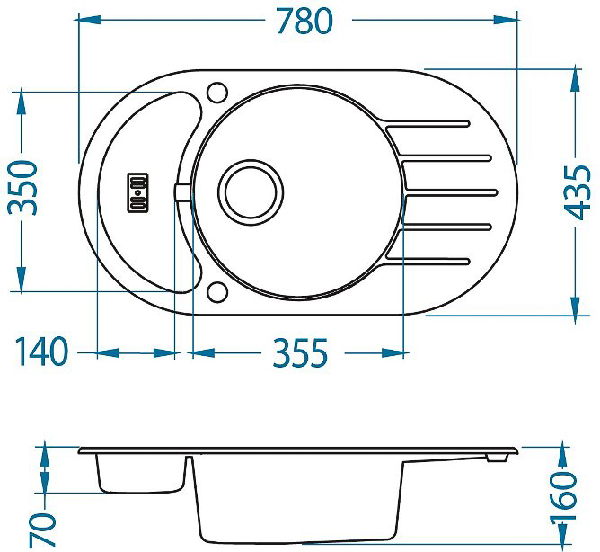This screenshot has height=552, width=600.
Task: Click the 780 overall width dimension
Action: pos(305,21)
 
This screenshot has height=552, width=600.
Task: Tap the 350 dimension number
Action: pos(23,188)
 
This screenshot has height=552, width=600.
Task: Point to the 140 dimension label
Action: pos(41,352)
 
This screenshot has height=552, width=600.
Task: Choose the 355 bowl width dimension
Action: pos(300,352)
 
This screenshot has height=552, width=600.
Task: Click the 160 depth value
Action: pos(563,495)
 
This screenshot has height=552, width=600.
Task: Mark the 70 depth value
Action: pos(42,530)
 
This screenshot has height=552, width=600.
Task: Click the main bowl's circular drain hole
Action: pos(251,192)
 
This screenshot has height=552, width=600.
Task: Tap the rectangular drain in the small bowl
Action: pos(137,192)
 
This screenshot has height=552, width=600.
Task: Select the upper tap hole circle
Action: pos(217,93)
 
